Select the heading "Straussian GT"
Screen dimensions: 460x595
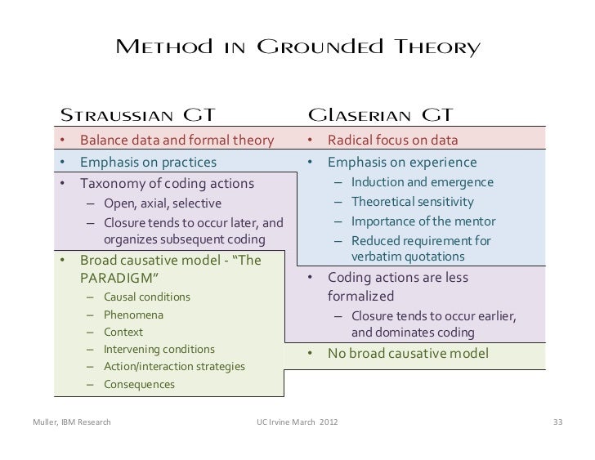tap(141, 113)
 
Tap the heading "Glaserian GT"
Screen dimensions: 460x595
tap(380, 113)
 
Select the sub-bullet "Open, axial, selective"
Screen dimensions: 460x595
tap(162, 203)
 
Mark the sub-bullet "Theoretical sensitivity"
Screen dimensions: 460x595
tap(412, 202)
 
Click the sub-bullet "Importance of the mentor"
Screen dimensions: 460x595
tap(423, 221)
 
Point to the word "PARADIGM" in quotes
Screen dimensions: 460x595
tap(119, 279)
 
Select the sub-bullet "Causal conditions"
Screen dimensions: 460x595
tap(147, 297)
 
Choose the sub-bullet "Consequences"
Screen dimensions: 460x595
tap(139, 384)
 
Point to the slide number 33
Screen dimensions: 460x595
tap(558, 422)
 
